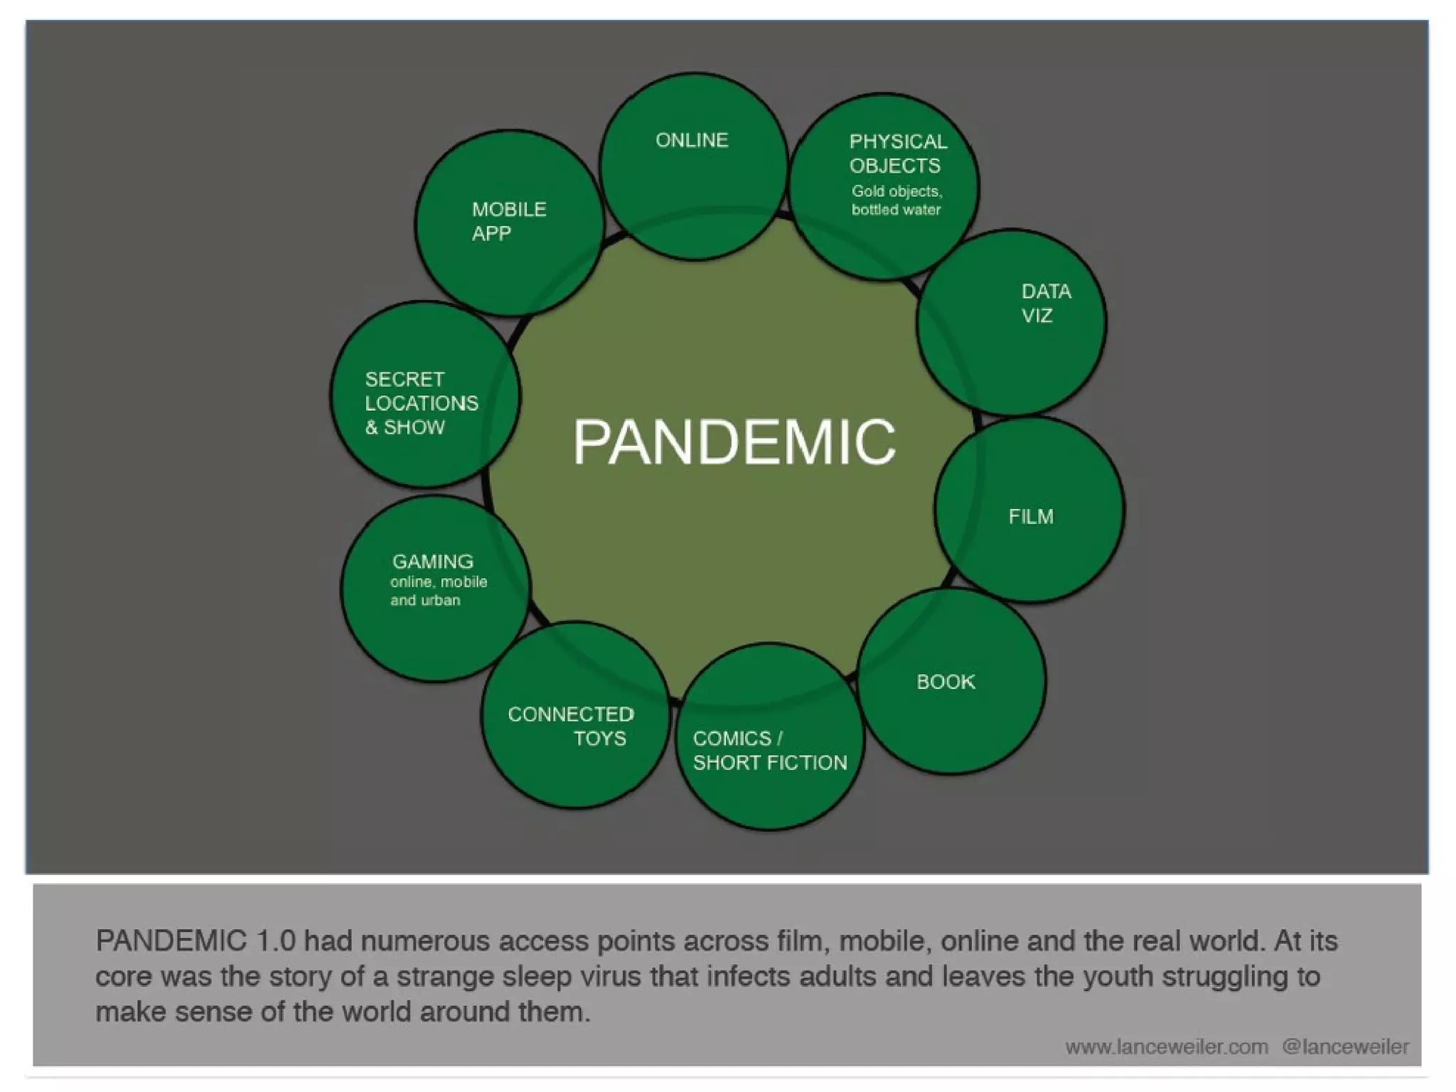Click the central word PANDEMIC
pos(734,441)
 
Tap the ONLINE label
pos(692,140)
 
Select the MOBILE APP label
pos(508,221)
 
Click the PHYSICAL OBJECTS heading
pos(897,154)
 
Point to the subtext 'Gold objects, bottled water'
pos(896,200)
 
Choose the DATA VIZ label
pos(1045,304)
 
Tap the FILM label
pos(1030,516)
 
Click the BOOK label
pos(945,682)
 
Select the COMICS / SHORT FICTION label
pos(769,751)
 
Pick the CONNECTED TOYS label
pos(570,726)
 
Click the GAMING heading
pos(432,562)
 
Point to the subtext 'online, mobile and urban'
pos(438,591)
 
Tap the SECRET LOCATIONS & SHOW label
pos(421,403)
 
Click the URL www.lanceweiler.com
pos(1166,1047)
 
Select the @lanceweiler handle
pos(1345,1047)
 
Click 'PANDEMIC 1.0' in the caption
pos(196,941)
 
